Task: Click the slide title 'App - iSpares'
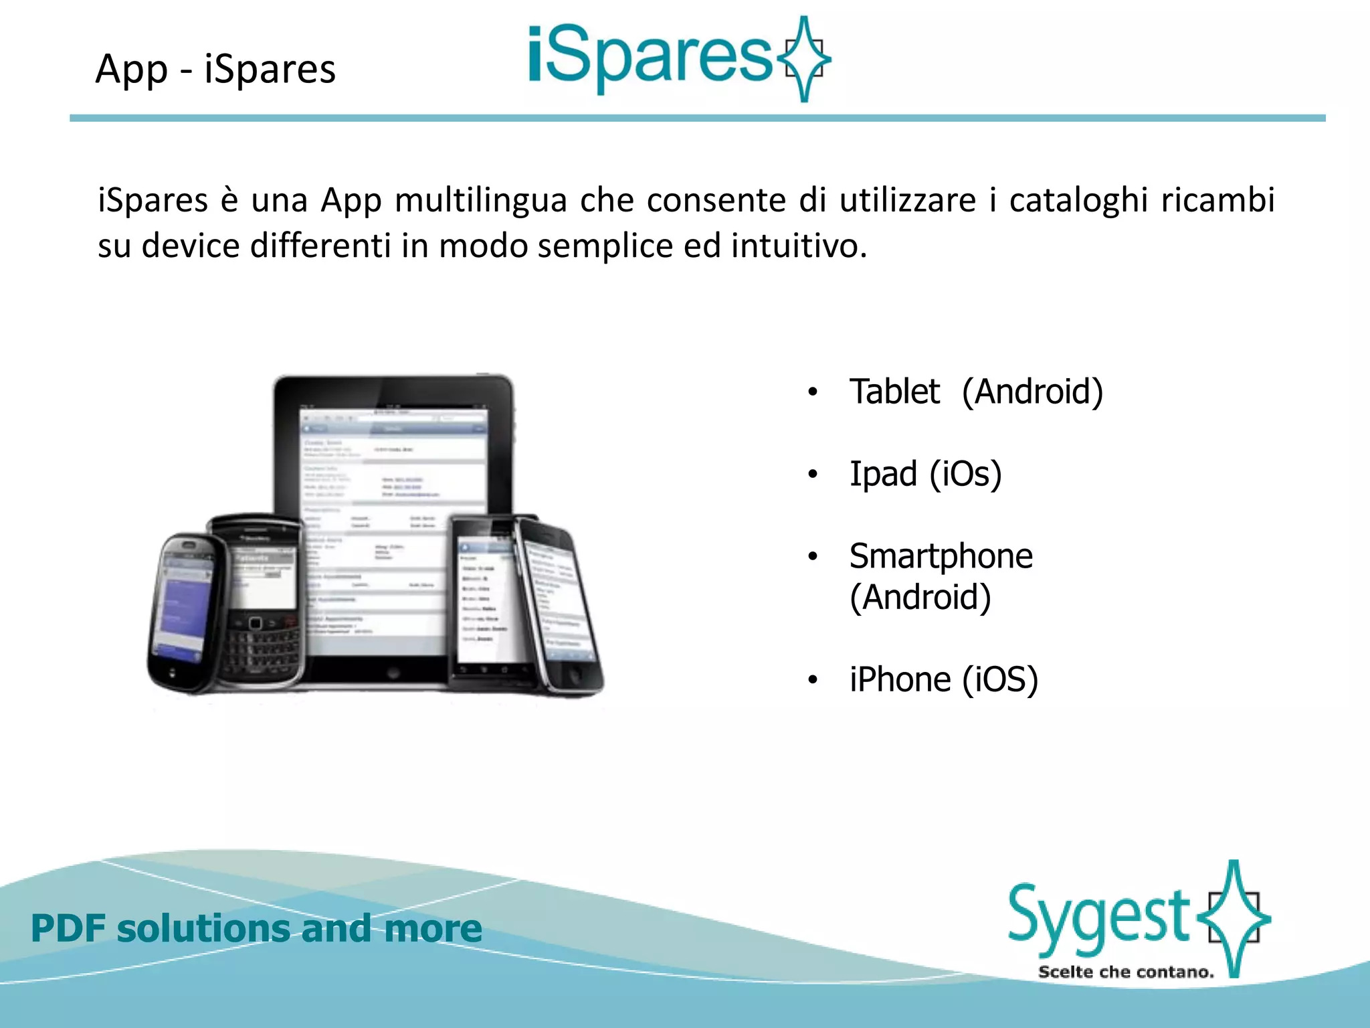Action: (x=215, y=69)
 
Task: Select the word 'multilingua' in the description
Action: (x=481, y=201)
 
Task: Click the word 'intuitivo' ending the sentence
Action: (x=798, y=246)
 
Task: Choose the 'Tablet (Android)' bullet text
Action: (x=975, y=392)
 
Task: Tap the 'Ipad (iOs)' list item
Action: (x=925, y=475)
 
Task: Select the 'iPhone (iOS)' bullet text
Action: (x=943, y=680)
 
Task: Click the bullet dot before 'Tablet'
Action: (x=813, y=392)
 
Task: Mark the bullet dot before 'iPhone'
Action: (x=813, y=681)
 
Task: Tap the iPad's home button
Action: (x=393, y=672)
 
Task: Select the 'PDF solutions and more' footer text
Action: (x=256, y=928)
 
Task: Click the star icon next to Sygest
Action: (x=1234, y=918)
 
